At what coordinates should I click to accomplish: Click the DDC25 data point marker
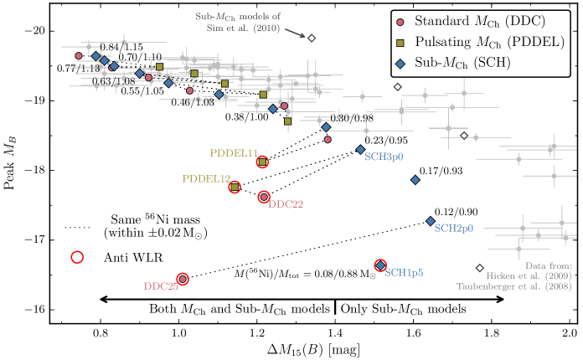182,278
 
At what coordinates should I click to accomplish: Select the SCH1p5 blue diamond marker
380,265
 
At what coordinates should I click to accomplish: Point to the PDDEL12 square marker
235,187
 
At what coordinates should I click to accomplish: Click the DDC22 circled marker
264,197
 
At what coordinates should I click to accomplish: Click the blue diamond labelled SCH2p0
431,221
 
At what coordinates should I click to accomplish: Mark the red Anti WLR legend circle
77,257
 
